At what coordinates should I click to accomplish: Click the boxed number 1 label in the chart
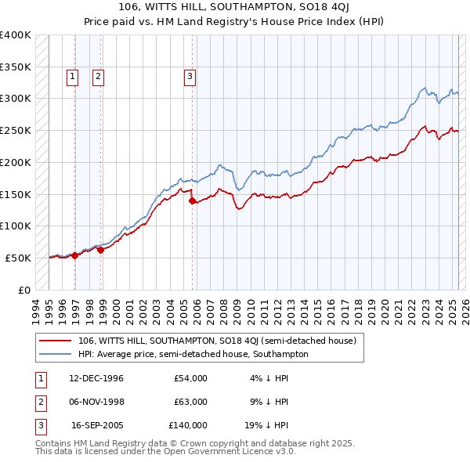click(x=72, y=77)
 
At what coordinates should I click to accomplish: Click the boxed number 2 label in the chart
click(x=98, y=77)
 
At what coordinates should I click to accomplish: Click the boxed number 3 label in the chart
click(x=190, y=77)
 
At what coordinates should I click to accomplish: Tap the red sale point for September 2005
click(x=193, y=200)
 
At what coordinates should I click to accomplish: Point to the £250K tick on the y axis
click(x=16, y=130)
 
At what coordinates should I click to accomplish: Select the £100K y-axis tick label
click(x=16, y=226)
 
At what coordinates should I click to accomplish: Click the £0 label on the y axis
click(x=23, y=290)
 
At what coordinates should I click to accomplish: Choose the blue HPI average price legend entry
click(x=193, y=354)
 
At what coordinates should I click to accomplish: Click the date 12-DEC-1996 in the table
click(x=96, y=378)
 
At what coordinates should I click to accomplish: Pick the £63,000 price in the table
click(x=190, y=402)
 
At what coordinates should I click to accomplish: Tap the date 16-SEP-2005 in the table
click(x=97, y=425)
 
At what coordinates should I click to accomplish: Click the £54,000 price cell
click(x=190, y=378)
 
